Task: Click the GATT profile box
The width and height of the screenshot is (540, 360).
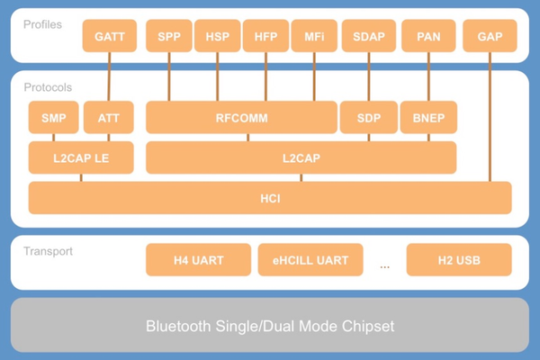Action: coord(108,36)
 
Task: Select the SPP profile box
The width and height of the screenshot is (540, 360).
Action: coord(168,36)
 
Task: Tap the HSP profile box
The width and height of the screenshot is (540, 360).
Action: coord(217,36)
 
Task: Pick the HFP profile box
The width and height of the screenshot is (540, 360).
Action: coord(265,36)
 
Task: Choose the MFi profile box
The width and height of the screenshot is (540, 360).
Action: coord(314,36)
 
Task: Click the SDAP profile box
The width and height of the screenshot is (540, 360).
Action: coord(368,36)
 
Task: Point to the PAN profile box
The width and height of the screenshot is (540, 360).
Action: coord(428,36)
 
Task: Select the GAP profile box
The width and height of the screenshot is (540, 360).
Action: coord(490,36)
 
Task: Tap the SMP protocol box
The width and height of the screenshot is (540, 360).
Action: coord(53,118)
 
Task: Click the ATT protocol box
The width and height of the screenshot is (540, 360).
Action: coord(108,118)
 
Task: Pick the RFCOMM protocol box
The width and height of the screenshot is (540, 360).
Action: coord(241,118)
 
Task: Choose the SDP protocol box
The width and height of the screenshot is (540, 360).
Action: coord(369,118)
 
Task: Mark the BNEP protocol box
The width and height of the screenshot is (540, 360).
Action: coord(428,118)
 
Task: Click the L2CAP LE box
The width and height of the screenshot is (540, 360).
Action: coord(81,157)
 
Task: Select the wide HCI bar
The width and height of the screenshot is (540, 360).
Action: coord(270,198)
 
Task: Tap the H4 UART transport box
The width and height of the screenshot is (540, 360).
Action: coord(198,260)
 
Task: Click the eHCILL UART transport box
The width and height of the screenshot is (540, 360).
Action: coord(310,260)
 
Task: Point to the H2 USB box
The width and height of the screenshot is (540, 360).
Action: coord(459,260)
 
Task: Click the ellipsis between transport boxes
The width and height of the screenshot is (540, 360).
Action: coord(385,265)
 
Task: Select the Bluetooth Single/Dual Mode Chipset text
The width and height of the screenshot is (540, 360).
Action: coord(270,325)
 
